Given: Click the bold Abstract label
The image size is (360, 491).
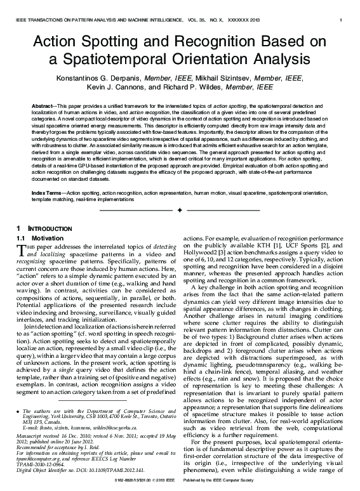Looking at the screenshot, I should [43, 102].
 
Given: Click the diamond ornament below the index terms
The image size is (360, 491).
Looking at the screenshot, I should [180, 209].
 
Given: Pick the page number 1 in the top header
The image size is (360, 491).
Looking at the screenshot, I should [342, 21].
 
